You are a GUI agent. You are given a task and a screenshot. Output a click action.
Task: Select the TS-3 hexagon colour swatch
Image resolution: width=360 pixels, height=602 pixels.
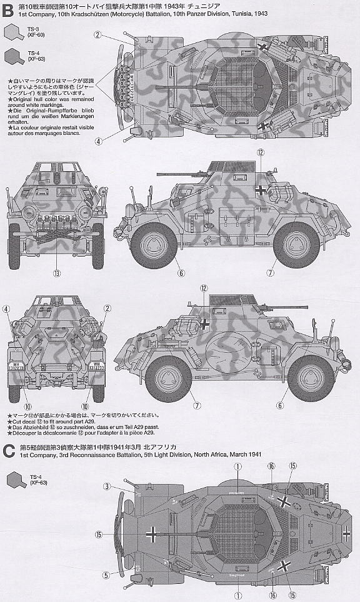(x=12, y=32)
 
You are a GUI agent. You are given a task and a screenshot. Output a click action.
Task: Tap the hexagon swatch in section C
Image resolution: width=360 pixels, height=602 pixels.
(x=12, y=480)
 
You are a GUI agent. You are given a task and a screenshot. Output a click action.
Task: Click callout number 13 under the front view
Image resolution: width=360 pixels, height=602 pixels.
(x=57, y=273)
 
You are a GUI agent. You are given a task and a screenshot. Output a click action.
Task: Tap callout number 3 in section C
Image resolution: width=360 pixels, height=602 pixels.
(x=107, y=486)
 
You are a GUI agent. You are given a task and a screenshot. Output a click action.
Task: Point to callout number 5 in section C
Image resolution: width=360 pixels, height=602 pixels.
(x=107, y=575)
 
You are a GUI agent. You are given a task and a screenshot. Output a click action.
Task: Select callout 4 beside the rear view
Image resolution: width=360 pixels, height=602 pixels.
(x=6, y=308)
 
